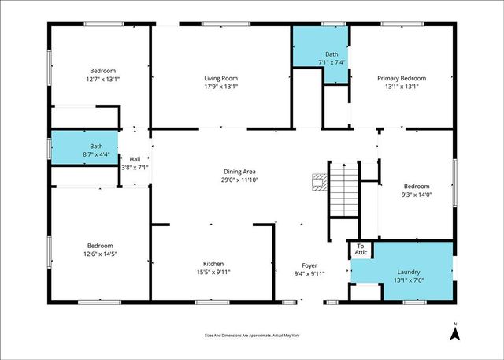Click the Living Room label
[221, 78]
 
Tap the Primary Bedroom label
[402, 78]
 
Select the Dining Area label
[240, 171]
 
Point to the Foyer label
[310, 265]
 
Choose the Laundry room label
[408, 272]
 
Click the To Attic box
[361, 249]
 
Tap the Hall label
[135, 158]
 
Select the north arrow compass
[454, 332]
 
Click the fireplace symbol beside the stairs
[318, 183]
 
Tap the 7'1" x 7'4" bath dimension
[332, 62]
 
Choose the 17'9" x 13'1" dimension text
[221, 87]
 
